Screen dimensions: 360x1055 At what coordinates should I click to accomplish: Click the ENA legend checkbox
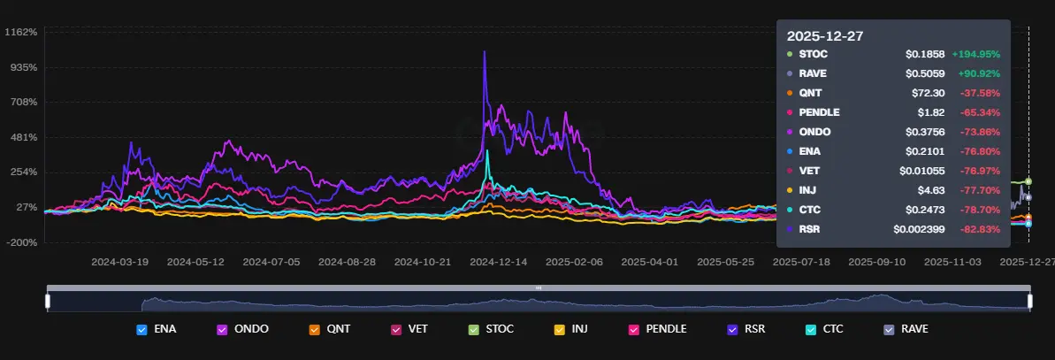(141, 329)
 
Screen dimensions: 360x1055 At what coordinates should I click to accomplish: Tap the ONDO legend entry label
(252, 329)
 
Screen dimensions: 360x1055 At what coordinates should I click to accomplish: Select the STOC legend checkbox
(473, 329)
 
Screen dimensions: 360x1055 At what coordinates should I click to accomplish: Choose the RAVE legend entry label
(914, 329)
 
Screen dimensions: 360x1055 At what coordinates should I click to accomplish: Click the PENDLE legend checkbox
(633, 329)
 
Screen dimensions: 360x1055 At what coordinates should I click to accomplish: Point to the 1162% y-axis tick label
(20, 33)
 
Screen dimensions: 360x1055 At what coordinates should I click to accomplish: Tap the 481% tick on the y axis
(22, 137)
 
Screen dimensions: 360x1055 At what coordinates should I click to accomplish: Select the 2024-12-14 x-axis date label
(499, 262)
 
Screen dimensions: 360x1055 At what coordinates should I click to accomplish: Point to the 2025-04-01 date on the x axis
(649, 262)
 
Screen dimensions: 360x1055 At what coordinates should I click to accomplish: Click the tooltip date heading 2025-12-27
(825, 36)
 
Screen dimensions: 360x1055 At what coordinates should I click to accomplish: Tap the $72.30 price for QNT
(927, 93)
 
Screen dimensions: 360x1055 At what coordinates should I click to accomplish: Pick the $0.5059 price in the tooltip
(925, 73)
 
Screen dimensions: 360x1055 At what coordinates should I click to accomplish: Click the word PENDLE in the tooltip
(819, 112)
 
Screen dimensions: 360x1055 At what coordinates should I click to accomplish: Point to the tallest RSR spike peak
(484, 51)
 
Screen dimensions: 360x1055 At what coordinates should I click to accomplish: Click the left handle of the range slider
(48, 301)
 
